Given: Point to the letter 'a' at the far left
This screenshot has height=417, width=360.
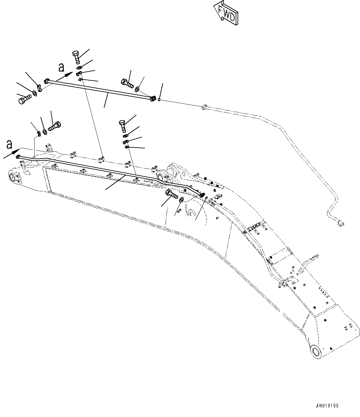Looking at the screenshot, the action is click(10, 144).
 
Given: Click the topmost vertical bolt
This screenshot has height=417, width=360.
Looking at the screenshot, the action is click(76, 57).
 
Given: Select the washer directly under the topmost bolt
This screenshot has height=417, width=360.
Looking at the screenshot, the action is click(79, 67).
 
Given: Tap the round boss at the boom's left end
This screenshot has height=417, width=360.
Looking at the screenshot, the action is click(13, 178).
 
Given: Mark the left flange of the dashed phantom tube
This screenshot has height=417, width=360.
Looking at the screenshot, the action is click(204, 108).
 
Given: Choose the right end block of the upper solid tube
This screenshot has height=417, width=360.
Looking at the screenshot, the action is click(152, 99).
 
